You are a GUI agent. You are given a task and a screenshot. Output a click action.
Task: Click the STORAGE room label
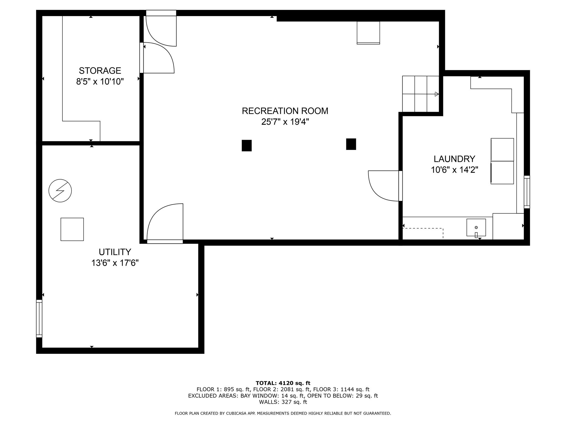coord(100,71)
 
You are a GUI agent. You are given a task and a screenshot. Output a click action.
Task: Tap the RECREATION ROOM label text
coord(285,111)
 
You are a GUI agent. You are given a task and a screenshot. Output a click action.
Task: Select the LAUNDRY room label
coord(454,159)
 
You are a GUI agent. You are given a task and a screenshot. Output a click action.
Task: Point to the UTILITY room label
coord(115,252)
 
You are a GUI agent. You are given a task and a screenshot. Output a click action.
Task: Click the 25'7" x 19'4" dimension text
coord(285,122)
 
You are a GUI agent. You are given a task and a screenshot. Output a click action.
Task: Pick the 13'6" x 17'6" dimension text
coord(115,263)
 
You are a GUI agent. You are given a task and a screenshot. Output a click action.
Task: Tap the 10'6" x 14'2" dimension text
coord(454,170)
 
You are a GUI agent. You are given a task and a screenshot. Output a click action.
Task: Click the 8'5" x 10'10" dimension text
coord(100,82)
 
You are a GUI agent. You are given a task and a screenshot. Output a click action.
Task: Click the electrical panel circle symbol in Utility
coord(60,191)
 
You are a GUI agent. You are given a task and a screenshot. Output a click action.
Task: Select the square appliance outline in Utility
coord(72,229)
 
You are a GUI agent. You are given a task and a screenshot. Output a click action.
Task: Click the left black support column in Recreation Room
coord(247,146)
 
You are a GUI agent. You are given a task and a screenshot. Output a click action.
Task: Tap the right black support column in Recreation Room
coord(351,144)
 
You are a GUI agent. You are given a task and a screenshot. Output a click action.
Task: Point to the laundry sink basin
coord(476,227)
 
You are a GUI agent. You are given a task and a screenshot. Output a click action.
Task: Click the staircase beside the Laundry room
coord(420,94)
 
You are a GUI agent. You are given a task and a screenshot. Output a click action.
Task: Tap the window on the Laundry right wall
coord(527,192)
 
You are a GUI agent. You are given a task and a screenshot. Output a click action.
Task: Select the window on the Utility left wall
coord(39,318)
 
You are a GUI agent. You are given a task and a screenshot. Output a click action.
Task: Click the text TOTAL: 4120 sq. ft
coord(283,383)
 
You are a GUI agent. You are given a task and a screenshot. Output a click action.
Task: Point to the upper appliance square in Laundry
coord(502,150)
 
